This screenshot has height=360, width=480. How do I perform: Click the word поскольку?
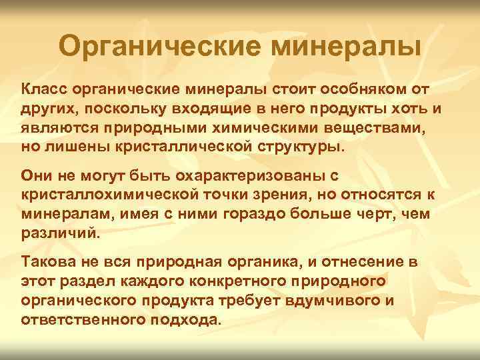[x=122, y=108]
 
